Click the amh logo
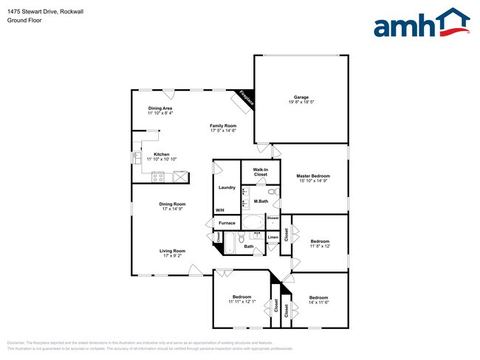coord(421,24)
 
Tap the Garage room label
coord(301,97)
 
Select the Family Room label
coord(222,125)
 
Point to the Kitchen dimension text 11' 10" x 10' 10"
coord(162,159)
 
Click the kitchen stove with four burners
coord(158,176)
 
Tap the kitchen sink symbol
coord(137,157)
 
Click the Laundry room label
coord(227,187)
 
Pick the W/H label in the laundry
coord(219,210)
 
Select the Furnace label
coord(227,223)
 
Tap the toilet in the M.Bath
coord(272,192)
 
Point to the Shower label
coord(272,218)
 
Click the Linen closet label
coord(272,238)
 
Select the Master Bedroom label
coord(313,176)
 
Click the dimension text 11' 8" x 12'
coord(319,246)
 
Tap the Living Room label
coord(172,251)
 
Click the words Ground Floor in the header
coord(24,21)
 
